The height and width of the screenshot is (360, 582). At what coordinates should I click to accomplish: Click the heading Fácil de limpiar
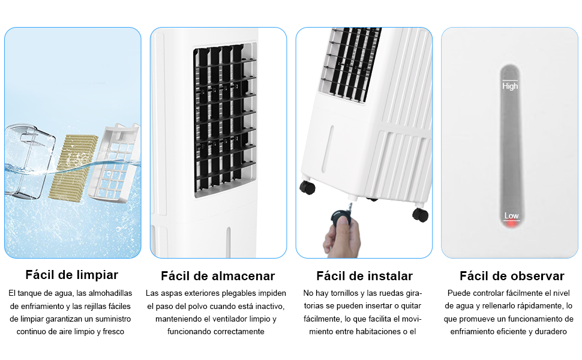72,275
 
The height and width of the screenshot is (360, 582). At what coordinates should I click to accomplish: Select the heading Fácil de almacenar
218,276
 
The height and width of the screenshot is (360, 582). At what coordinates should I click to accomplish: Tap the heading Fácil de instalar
364,276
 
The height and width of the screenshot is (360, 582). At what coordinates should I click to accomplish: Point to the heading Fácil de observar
512,276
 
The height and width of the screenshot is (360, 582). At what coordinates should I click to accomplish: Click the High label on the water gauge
510,86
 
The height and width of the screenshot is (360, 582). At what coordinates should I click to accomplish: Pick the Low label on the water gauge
511,215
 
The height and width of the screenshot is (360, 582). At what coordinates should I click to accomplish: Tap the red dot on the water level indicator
511,224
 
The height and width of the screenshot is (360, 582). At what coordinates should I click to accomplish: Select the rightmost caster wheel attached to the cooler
420,214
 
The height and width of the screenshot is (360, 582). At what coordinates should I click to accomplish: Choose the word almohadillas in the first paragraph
106,293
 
